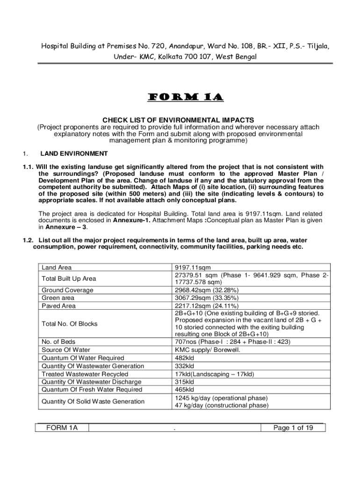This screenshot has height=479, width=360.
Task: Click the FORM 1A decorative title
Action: point(180,98)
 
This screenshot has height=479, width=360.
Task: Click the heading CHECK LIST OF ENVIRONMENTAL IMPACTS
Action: point(180,120)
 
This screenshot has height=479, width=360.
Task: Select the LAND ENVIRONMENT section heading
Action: point(74,153)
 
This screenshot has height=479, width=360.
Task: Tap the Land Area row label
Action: point(57,268)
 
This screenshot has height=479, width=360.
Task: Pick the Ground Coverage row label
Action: point(67,290)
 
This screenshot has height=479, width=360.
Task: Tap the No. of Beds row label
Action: point(58,342)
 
